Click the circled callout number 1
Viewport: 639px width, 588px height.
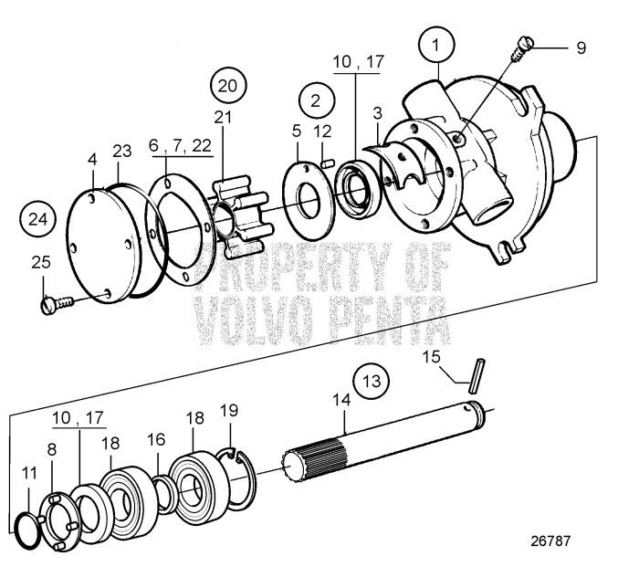(437, 44)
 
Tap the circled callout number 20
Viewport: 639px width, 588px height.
(228, 87)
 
